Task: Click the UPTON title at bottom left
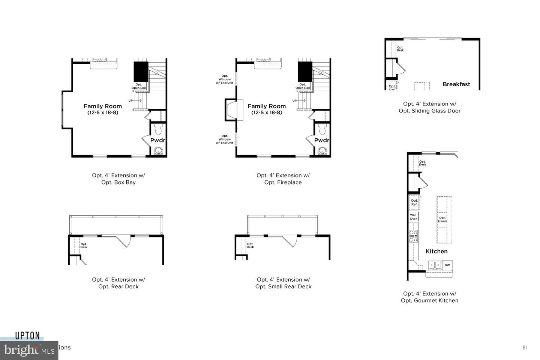[x=27, y=336]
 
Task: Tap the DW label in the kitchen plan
[x=447, y=265]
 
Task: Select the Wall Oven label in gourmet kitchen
[x=413, y=217]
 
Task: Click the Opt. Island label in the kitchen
[x=442, y=219]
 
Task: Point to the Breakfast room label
[x=456, y=84]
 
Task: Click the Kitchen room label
[x=436, y=251]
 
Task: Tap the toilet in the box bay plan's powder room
[x=157, y=129]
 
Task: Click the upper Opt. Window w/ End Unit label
[x=225, y=79]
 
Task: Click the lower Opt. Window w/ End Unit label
[x=225, y=139]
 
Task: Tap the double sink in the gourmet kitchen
[x=435, y=265]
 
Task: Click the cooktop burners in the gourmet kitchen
[x=413, y=236]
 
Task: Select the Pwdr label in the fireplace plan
[x=321, y=140]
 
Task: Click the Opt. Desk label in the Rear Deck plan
[x=84, y=246]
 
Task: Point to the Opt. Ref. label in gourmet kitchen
[x=414, y=202]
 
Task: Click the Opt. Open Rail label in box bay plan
[x=139, y=86]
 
